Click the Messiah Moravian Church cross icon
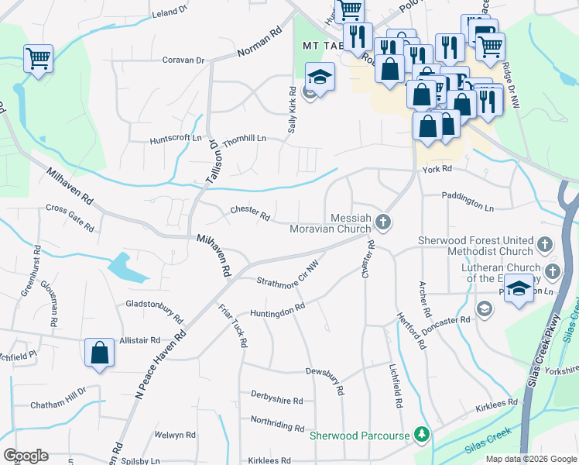[382, 223]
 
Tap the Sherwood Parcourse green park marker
[422, 435]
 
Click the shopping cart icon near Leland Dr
[38, 59]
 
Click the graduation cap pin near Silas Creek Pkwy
[519, 288]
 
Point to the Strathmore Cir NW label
[289, 277]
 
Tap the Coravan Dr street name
[183, 60]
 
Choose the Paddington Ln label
[468, 202]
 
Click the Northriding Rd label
[277, 423]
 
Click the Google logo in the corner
[26, 455]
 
